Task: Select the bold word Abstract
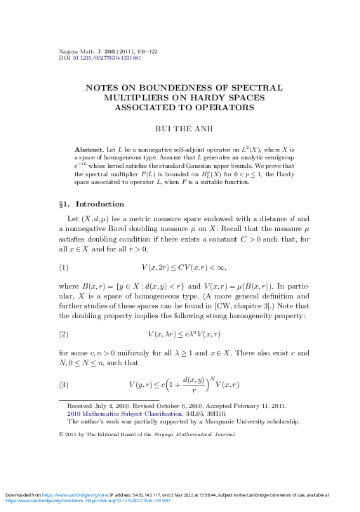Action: click(x=88, y=150)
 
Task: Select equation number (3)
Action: click(x=64, y=385)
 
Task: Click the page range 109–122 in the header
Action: click(x=140, y=51)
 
